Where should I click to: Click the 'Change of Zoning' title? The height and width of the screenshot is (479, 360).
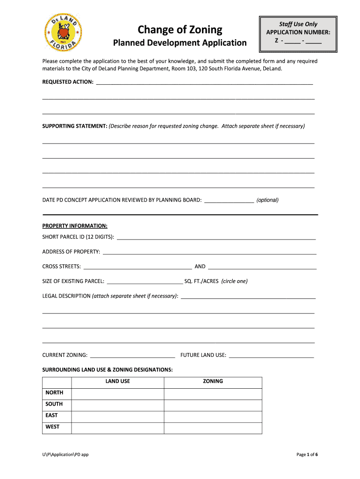coord(180,30)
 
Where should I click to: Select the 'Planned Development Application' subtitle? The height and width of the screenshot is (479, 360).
coord(180,43)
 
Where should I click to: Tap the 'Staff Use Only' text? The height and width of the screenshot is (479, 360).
coord(298,24)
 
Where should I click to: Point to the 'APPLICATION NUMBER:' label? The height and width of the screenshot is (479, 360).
coord(298,32)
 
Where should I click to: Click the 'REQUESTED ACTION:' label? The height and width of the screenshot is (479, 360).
coord(68,82)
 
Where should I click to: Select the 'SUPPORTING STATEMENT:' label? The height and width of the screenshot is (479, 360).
coord(75,126)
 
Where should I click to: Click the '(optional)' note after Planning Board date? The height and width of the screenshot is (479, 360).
coord(267,200)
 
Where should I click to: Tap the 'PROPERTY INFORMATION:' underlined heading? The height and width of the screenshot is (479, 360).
coord(75,225)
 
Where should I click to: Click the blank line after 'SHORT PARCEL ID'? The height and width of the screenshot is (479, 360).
coord(216,237)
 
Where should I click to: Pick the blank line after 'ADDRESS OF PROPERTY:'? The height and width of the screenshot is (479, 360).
coord(209,252)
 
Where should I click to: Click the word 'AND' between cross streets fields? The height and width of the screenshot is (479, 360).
coord(200,267)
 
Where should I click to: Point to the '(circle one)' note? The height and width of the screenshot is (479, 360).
coord(234,281)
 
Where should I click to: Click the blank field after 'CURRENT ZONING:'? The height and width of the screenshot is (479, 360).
coord(132,355)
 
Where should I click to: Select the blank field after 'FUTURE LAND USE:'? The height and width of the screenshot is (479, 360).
coord(271,355)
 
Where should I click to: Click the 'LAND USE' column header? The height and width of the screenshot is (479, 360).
coord(117,381)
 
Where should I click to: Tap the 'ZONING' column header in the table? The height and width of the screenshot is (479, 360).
coord(213,381)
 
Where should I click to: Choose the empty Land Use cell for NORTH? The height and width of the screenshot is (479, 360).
coord(117,393)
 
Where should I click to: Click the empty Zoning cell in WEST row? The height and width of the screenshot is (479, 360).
coord(213,428)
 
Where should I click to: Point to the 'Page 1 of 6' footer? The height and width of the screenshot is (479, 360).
coord(307,455)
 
